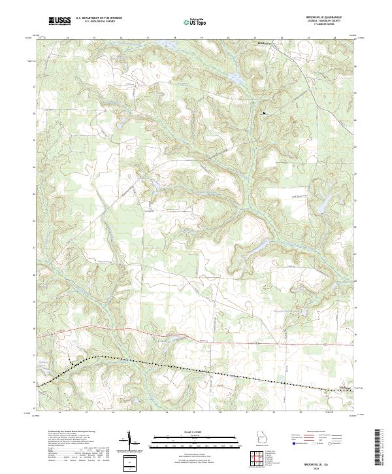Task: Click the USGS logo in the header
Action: (x=58, y=22)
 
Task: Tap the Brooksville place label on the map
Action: (x=263, y=44)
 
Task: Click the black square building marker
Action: (x=264, y=113)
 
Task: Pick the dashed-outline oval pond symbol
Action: (x=267, y=287)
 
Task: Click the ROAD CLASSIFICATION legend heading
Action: (x=316, y=433)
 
